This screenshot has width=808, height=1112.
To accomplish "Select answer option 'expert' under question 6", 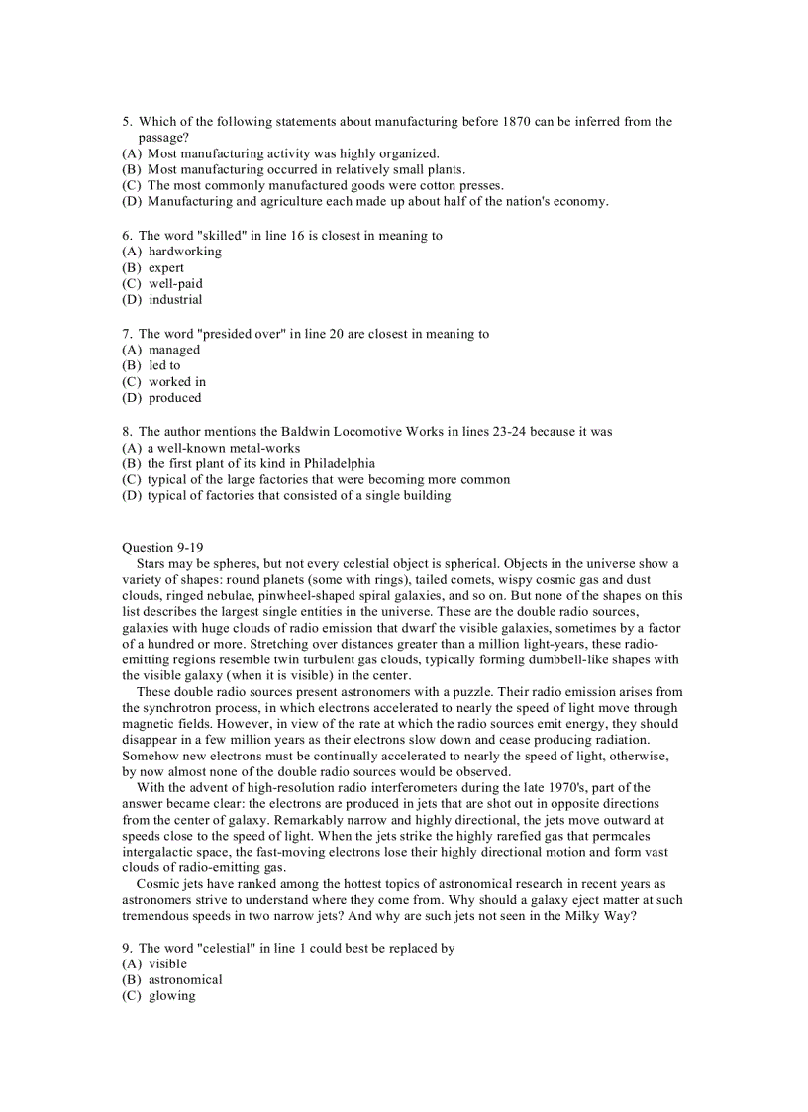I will coord(166,267).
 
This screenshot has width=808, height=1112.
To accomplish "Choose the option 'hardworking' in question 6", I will coord(185,252).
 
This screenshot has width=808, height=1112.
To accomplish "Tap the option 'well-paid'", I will coord(175,283).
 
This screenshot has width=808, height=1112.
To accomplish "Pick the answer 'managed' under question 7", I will coord(174,350).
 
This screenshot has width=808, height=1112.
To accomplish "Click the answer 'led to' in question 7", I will coord(164,365).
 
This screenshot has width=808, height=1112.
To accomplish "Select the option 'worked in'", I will coord(177,381).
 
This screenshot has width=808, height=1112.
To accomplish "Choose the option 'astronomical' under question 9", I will coord(185,979).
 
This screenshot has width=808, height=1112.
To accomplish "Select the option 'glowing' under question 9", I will coord(171,995).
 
